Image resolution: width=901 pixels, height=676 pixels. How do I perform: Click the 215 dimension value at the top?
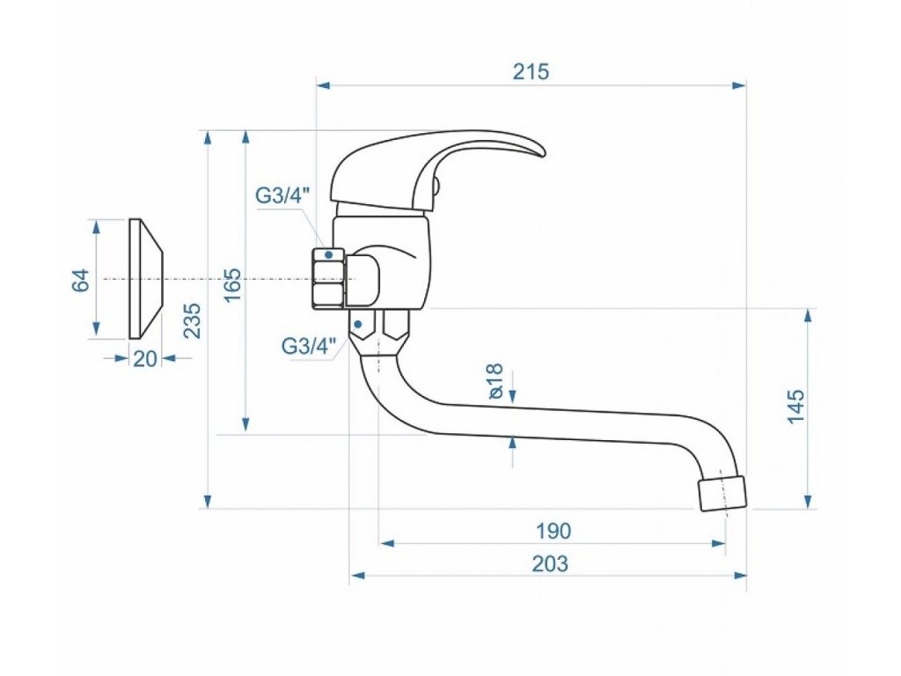531,72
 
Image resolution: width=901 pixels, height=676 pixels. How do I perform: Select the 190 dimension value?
553,531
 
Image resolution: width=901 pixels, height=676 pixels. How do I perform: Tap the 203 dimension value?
550,563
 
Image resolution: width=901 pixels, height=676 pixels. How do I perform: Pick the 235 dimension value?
193,320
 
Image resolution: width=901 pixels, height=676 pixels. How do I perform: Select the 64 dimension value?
80,281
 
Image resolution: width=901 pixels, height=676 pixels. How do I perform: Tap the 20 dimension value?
144,358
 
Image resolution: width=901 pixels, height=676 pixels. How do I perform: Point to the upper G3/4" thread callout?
284,196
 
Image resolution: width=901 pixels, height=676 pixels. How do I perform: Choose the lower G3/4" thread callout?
311,346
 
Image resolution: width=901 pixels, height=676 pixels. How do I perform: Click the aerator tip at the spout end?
722,493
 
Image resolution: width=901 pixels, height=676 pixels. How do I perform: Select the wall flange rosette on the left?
144,278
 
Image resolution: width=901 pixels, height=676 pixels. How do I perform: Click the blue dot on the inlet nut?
329,254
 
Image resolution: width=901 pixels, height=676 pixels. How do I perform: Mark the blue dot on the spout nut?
358,324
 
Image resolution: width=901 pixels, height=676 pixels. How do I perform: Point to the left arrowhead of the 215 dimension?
322,85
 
